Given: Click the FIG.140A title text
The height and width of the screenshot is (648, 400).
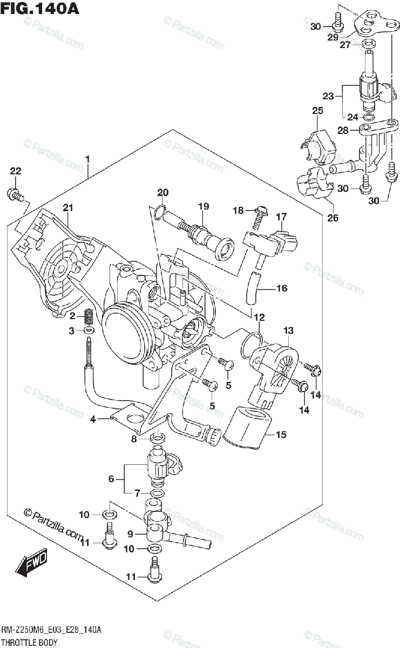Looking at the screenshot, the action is (x=39, y=8).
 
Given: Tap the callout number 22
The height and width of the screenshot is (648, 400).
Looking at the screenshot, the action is (x=16, y=171).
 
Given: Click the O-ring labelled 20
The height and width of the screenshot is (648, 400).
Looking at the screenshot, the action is (x=160, y=212).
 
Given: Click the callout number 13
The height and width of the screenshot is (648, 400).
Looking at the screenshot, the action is (x=288, y=330).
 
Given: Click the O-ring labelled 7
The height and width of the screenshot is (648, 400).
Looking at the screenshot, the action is (x=158, y=493).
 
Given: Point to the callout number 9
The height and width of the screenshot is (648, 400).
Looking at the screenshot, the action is (x=130, y=534).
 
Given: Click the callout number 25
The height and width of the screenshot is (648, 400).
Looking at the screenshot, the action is (x=317, y=111).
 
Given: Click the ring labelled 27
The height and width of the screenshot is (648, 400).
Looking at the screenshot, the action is (x=369, y=43).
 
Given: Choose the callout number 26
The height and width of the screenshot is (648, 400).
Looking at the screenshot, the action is (x=333, y=218).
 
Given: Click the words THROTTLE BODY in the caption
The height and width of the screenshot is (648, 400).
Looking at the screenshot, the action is (x=29, y=643).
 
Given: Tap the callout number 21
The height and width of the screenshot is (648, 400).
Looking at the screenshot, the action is (x=68, y=207).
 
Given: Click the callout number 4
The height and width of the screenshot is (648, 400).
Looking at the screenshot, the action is (x=93, y=419).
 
